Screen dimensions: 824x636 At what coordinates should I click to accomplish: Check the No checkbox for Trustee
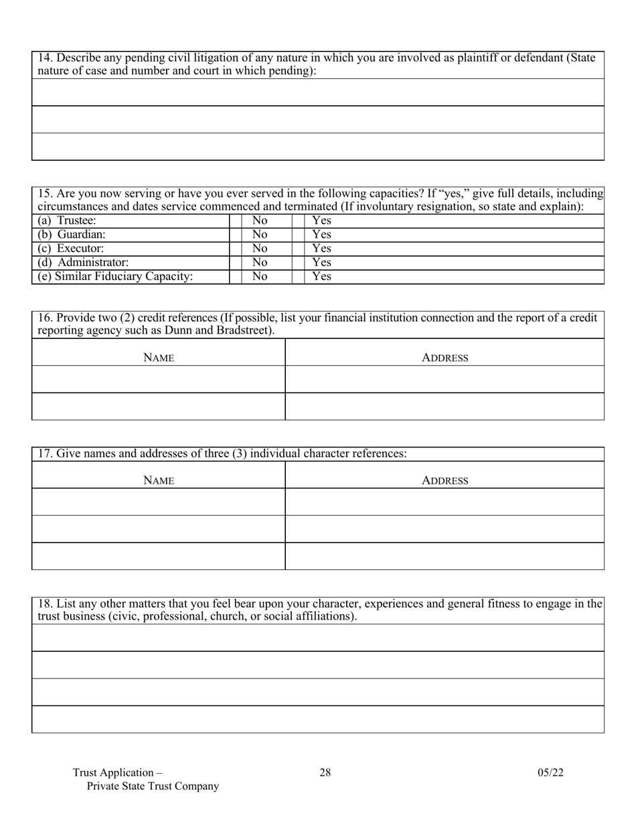pos(235,220)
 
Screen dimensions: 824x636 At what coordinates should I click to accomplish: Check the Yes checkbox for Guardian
pos(298,234)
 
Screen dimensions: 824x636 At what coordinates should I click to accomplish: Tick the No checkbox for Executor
pos(235,249)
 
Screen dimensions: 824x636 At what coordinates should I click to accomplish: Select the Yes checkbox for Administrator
pos(298,263)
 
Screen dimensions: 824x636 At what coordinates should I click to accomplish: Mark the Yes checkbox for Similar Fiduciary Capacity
pos(298,277)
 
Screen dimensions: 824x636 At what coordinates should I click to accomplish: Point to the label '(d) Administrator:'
pos(83,263)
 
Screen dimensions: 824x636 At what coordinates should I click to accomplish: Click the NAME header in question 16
pos(159,358)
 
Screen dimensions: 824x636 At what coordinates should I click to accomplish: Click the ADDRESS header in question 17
pos(445,480)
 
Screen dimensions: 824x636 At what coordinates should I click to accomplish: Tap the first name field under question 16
pos(159,379)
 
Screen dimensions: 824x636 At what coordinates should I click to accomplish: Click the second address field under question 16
pos(445,406)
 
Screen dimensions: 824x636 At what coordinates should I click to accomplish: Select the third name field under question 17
pos(159,556)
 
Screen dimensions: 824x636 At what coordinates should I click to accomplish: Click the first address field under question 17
pos(445,502)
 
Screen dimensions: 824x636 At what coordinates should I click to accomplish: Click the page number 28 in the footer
pos(325,772)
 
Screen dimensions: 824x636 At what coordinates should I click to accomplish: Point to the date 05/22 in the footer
pos(550,772)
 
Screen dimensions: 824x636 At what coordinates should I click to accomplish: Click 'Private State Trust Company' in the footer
pos(153,786)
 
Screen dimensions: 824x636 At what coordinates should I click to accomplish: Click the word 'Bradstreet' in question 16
pos(242,331)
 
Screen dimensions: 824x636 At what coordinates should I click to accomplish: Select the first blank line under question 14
pos(318,92)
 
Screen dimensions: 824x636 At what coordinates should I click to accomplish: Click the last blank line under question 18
pos(318,719)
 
